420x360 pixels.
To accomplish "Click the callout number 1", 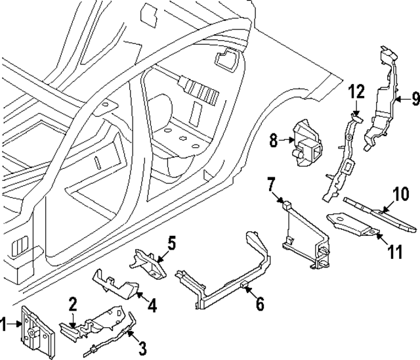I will [5, 323].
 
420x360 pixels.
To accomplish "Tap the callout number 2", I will [73, 303].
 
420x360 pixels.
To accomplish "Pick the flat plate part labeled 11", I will [351, 223].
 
